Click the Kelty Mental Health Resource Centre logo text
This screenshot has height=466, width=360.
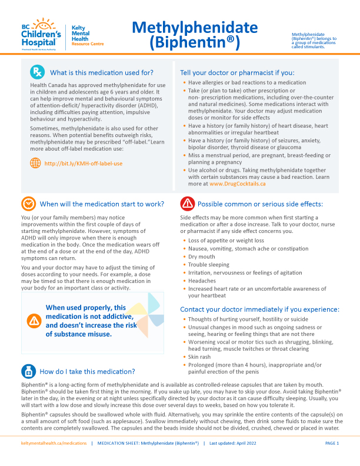[x=87, y=36]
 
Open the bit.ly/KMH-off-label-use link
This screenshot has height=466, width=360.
[x=84, y=163]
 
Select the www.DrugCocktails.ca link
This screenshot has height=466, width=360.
[x=238, y=183]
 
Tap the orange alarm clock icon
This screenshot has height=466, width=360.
[x=28, y=204]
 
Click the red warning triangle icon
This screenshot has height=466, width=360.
[x=186, y=204]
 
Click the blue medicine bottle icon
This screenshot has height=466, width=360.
[x=28, y=371]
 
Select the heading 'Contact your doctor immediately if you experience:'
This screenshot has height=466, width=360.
[x=259, y=309]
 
